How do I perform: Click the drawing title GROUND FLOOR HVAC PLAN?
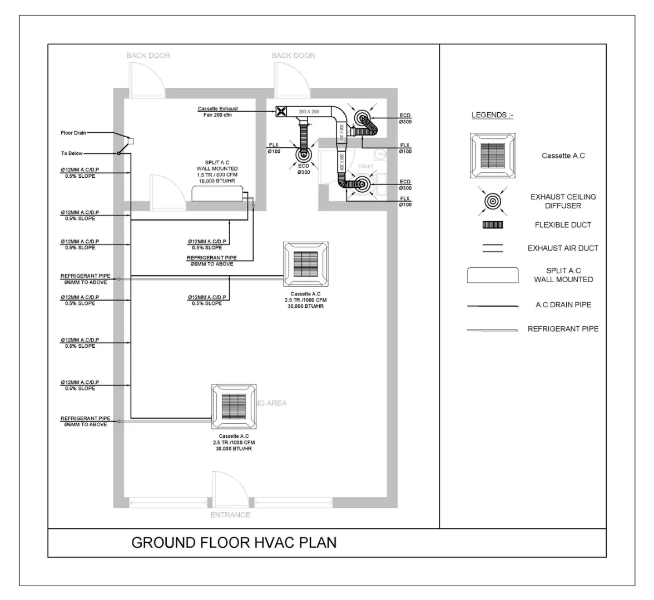pos(234,542)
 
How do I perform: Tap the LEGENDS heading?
pos(492,115)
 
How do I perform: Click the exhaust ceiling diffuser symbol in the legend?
pos(492,201)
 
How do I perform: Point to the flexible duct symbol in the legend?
pos(492,225)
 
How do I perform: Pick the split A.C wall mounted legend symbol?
pos(492,275)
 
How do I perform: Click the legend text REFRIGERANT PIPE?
pos(563,329)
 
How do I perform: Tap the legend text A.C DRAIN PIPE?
pos(563,305)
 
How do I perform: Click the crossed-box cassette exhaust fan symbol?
pos(281,112)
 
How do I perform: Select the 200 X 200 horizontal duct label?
pos(309,112)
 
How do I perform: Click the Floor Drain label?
pos(73,133)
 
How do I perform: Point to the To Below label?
pos(71,153)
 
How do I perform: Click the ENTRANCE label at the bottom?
pos(230,515)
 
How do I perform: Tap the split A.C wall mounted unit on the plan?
pos(217,193)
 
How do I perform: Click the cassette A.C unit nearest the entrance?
pos(234,406)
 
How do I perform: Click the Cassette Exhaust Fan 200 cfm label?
pos(217,112)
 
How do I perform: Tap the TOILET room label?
pos(365,166)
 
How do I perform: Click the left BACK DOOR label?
pos(148,56)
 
